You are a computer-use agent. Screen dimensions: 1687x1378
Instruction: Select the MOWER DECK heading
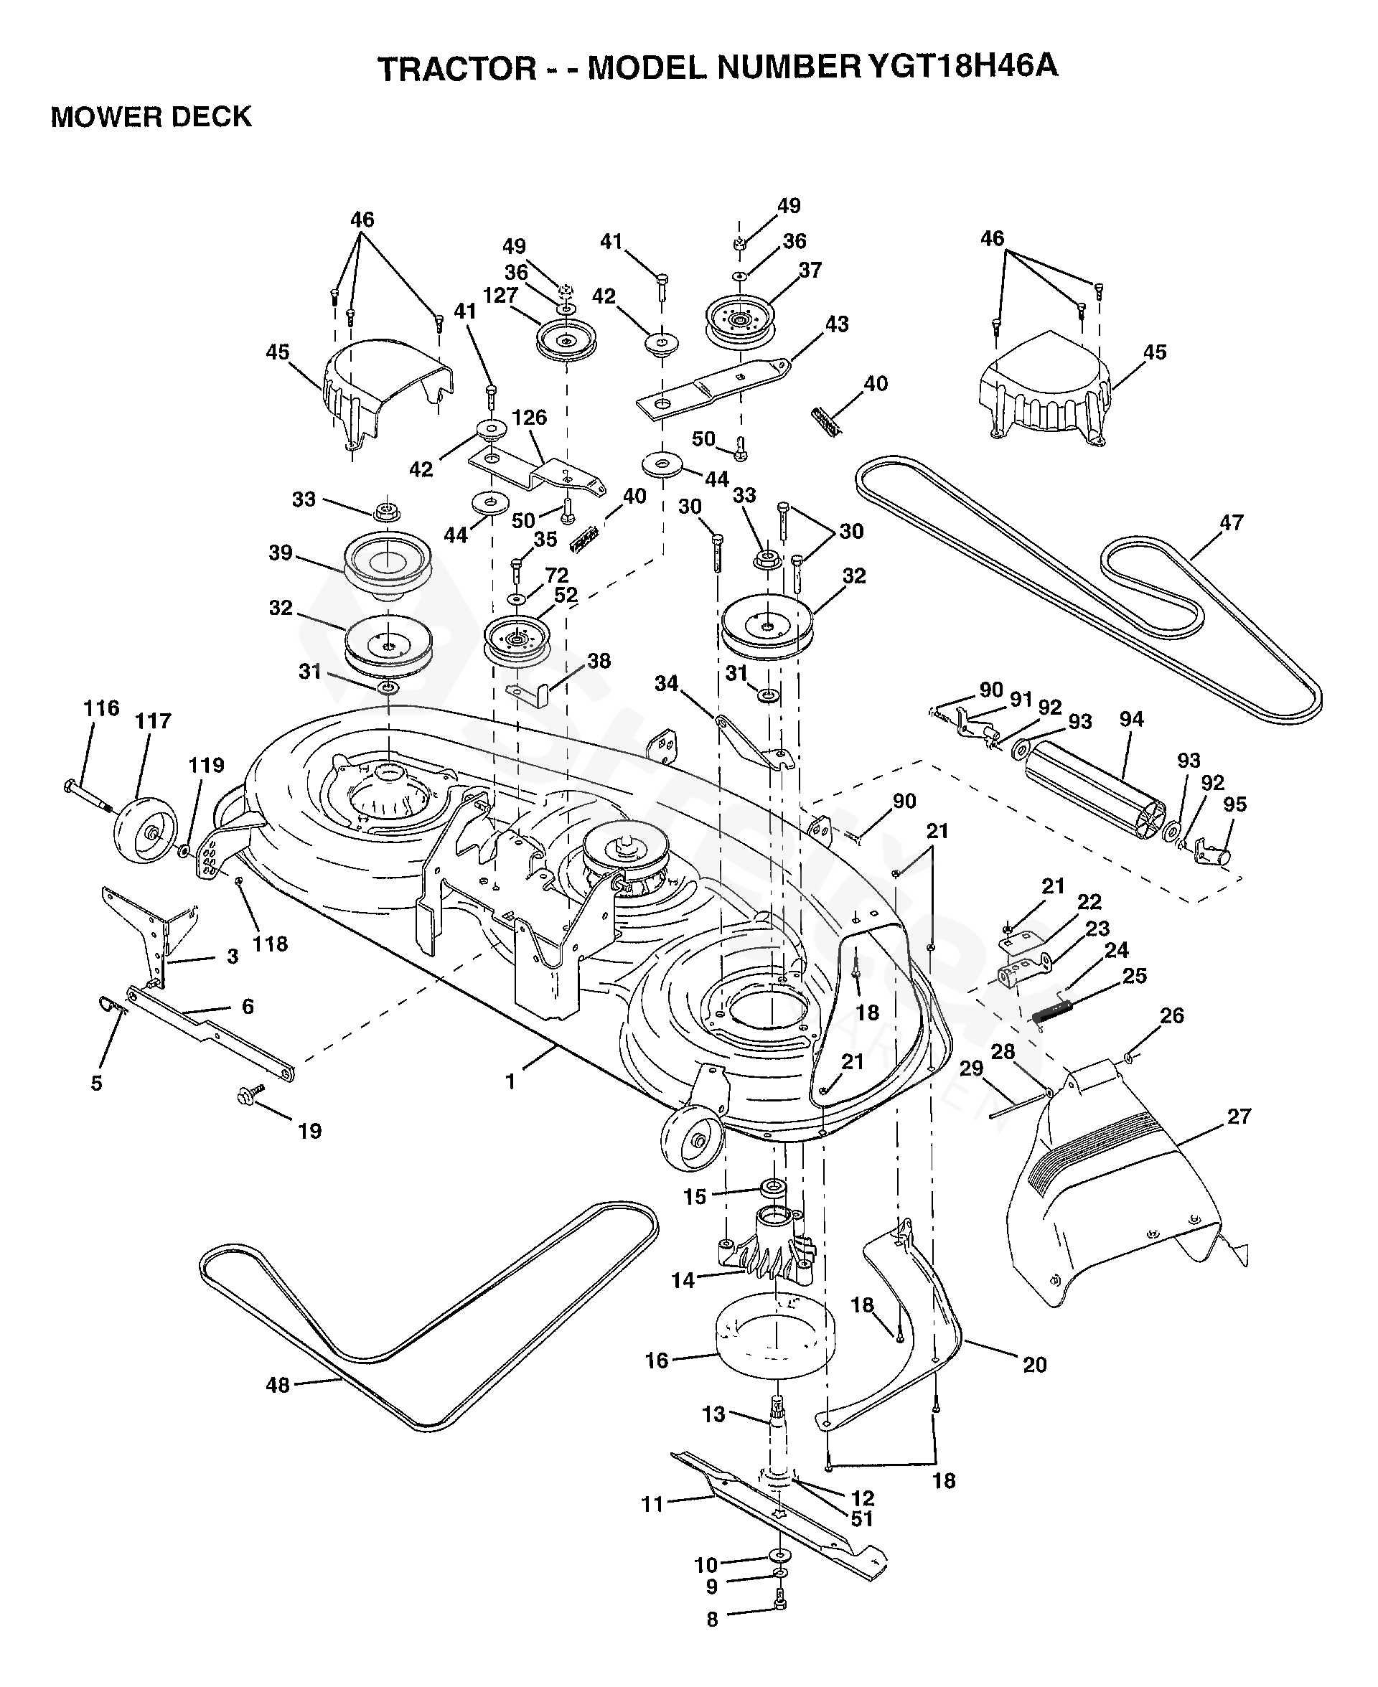pos(151,117)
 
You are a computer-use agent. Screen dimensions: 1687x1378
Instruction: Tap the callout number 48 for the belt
pos(277,1386)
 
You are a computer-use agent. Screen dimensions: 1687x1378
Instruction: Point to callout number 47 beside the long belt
pos(1230,522)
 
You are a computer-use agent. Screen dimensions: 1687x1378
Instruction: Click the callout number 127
pos(500,295)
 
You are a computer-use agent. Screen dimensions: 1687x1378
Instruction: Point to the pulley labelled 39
pos(387,561)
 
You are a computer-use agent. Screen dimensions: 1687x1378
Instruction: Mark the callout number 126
pos(530,418)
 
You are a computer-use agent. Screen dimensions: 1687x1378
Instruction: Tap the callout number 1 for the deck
pos(510,1081)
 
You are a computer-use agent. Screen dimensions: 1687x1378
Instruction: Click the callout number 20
pos(1034,1364)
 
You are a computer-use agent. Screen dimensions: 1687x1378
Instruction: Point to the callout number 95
pos(1234,804)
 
